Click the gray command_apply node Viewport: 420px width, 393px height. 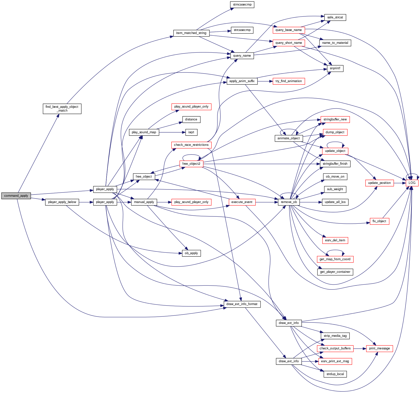coord(16,196)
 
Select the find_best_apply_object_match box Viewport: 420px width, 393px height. coord(62,109)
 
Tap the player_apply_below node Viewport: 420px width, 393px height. coord(62,202)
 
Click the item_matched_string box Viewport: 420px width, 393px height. coord(191,33)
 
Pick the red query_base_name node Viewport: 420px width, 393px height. coord(288,30)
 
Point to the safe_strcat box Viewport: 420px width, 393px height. coord(335,17)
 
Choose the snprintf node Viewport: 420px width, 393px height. coord(335,68)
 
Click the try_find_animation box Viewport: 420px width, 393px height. coord(288,81)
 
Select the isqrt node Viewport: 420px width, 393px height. coord(191,132)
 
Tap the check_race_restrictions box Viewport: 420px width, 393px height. coord(191,145)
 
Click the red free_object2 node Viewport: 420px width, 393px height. coord(191,164)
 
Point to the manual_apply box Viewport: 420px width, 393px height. coord(144,202)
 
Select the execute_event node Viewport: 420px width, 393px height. coord(242,202)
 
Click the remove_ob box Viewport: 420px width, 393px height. coord(289,202)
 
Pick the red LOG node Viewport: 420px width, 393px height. coord(412,183)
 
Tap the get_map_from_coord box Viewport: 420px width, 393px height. coord(335,259)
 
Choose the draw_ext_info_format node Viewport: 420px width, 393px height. coord(242,304)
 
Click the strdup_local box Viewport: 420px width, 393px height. coord(335,374)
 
